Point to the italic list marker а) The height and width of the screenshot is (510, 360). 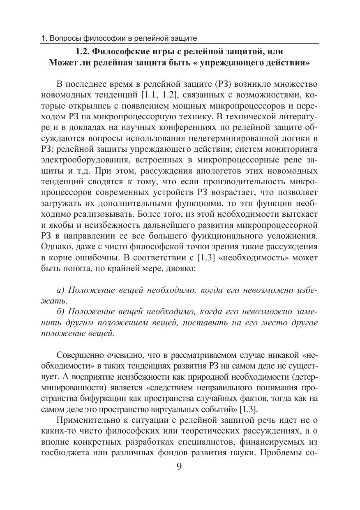[x=60, y=290]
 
